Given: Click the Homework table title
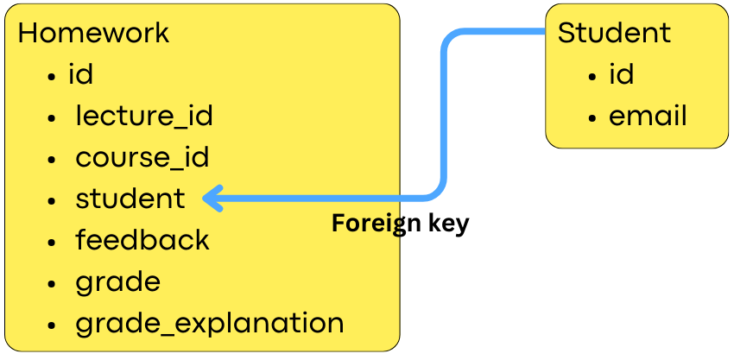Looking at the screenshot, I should click(x=93, y=34).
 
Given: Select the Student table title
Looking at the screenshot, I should click(x=614, y=33).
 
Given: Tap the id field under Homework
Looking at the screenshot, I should click(x=80, y=75).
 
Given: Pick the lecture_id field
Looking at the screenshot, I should click(x=143, y=116).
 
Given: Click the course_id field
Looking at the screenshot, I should click(x=142, y=158).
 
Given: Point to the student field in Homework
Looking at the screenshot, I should click(x=130, y=199).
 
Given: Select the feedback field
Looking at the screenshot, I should click(x=142, y=240).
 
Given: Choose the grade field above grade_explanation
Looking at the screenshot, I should click(x=117, y=282).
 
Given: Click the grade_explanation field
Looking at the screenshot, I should click(x=210, y=324).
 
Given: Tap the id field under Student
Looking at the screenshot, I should click(x=622, y=75).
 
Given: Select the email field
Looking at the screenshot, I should click(x=648, y=117).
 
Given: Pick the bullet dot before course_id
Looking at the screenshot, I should click(x=54, y=160).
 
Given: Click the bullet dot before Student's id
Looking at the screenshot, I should click(x=592, y=77).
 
